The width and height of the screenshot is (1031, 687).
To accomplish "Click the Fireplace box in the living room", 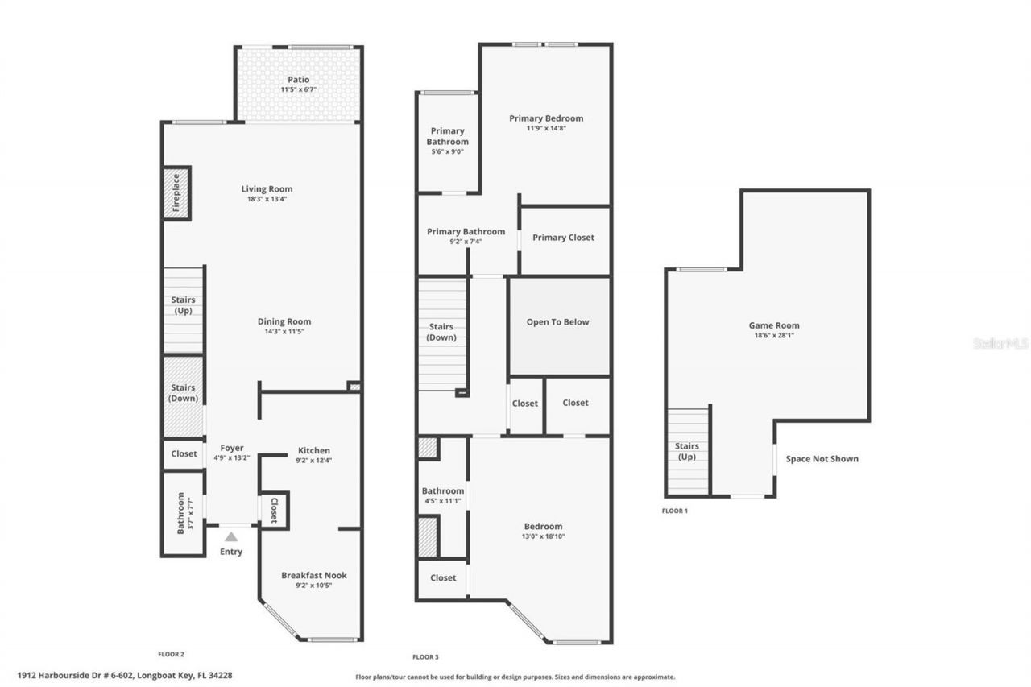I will coord(176,193).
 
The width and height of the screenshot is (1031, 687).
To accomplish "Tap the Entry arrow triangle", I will coord(231,536).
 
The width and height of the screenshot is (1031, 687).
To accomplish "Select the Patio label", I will coord(298,80).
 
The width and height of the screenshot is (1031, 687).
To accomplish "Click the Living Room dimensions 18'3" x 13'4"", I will coord(267,199).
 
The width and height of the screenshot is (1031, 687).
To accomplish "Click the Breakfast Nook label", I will coord(313,575).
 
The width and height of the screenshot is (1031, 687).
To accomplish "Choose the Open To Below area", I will coord(558,322).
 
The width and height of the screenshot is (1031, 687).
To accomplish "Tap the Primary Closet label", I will coord(563,238).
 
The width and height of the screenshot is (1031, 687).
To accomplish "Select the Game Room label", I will coord(774,325).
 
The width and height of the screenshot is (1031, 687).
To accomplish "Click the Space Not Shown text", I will coord(822,459).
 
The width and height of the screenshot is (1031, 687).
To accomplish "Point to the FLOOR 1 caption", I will coord(675,511).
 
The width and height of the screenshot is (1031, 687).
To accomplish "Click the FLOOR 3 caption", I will coord(425,657).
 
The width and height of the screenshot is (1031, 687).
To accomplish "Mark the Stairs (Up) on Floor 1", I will coord(687,451).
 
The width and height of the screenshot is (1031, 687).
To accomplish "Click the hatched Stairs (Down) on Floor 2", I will coord(184,394).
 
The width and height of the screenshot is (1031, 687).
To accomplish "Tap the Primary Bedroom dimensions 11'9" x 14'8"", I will coord(545,128).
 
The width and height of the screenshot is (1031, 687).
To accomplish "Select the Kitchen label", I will coord(314,450).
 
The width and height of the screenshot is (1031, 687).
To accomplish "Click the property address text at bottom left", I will coord(130,676).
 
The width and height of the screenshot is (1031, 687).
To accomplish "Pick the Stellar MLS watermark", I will coord(1000,343).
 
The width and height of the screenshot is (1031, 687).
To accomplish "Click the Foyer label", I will coord(232,448).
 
